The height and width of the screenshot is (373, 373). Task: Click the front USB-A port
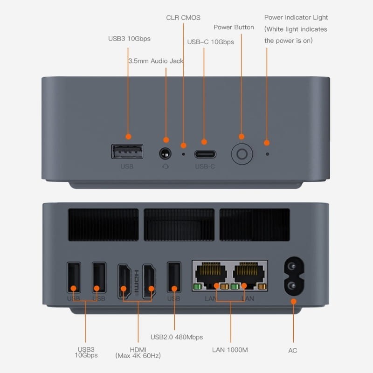point(127,152)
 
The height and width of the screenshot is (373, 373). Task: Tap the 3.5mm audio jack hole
point(165,152)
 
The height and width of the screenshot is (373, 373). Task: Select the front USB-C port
point(204,153)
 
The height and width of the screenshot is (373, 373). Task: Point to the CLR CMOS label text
point(183,18)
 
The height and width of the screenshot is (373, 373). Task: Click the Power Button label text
point(234,27)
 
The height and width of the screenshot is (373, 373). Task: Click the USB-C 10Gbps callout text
point(210,42)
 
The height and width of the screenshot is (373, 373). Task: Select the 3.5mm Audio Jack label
point(156,61)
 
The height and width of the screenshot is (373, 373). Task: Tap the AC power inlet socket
point(293,278)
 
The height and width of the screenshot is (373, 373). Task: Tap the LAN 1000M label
point(230,350)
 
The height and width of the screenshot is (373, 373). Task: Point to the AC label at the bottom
point(292,350)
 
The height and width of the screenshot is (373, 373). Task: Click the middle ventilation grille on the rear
point(179,225)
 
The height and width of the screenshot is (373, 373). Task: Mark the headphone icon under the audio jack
point(165,166)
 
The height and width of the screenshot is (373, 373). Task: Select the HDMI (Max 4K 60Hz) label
point(138,352)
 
